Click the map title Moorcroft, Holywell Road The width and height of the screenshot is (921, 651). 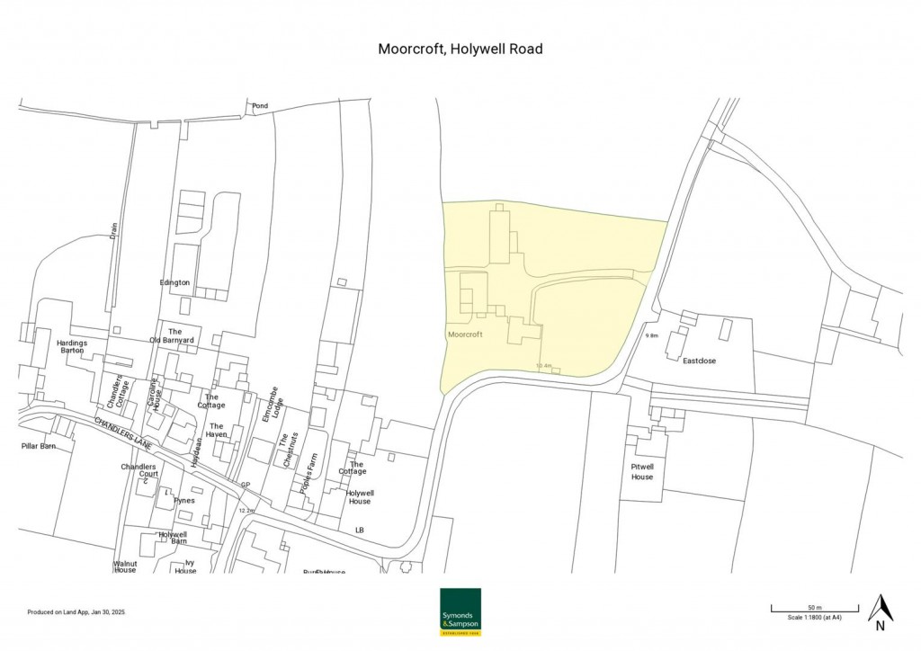(460, 49)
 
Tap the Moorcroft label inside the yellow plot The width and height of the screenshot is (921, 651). (465, 334)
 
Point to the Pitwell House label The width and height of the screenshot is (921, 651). (642, 473)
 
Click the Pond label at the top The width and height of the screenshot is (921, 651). (260, 106)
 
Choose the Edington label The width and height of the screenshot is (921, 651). (174, 282)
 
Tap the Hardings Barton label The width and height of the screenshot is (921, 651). (71, 346)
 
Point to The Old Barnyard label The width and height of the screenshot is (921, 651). (175, 336)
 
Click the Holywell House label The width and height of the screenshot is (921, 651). (360, 497)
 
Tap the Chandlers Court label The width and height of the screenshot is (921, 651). (139, 471)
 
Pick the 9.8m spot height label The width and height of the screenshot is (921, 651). (652, 336)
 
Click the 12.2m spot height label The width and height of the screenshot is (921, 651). (246, 511)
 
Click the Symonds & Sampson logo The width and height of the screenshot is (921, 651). (460, 611)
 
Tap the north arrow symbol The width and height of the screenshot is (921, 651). (881, 609)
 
